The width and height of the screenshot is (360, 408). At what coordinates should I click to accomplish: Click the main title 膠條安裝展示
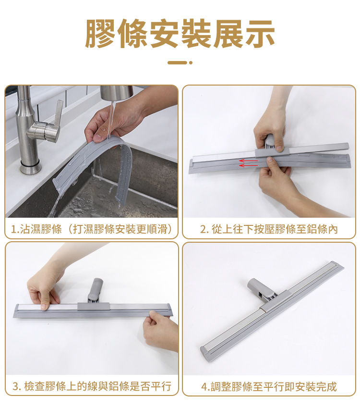click(180, 34)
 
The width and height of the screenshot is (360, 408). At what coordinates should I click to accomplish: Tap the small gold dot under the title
click(191, 62)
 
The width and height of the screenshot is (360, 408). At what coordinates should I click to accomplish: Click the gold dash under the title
click(177, 62)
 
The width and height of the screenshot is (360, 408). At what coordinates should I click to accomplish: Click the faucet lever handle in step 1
click(58, 120)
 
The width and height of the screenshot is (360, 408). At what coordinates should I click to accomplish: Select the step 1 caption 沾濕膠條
click(36, 229)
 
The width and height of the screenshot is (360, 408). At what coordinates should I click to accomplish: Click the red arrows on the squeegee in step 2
click(248, 163)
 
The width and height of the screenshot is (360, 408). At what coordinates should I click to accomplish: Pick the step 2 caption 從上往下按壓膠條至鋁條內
click(269, 229)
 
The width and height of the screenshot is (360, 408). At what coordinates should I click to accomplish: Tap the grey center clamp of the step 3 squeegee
click(93, 306)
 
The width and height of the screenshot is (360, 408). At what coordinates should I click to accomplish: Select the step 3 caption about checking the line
click(92, 386)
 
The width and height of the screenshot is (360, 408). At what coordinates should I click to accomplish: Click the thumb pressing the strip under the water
click(97, 138)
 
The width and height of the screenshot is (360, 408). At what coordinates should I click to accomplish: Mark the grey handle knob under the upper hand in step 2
click(270, 141)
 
